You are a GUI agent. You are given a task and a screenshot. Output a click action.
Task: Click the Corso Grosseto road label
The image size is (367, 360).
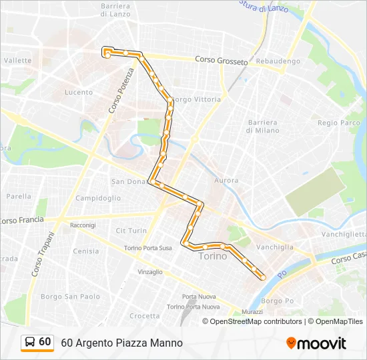pyautogui.click(x=221, y=60)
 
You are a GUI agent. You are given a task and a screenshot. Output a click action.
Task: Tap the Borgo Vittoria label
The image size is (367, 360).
pyautogui.click(x=196, y=99)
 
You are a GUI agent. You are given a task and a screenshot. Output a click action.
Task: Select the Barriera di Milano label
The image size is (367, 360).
pyautogui.click(x=262, y=126)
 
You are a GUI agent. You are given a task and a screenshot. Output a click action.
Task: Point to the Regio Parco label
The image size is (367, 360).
pyautogui.click(x=339, y=123)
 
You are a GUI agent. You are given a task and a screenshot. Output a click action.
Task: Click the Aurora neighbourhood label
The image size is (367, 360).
pyautogui.click(x=226, y=181)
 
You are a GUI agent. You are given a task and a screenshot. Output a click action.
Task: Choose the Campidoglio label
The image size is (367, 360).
pyautogui.click(x=98, y=198)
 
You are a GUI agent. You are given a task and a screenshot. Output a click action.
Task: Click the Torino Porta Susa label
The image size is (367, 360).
pyautogui.click(x=147, y=248)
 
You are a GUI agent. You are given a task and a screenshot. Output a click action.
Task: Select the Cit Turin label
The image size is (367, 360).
pyautogui.click(x=131, y=231)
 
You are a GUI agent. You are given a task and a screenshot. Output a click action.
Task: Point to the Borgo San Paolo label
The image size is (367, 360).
pyautogui.click(x=70, y=297)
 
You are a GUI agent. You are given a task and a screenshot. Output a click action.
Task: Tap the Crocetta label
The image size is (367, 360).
pyautogui.click(x=144, y=316)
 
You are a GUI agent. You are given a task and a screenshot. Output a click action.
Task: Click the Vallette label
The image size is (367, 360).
pyautogui.click(x=17, y=60)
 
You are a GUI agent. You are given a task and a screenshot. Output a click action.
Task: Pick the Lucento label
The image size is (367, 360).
pyautogui.click(x=79, y=92)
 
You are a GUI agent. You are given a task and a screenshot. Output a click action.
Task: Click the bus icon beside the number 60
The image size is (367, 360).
pyautogui.click(x=29, y=342)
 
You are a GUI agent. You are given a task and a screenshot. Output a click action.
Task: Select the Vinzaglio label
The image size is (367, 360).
pyautogui.click(x=149, y=272)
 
